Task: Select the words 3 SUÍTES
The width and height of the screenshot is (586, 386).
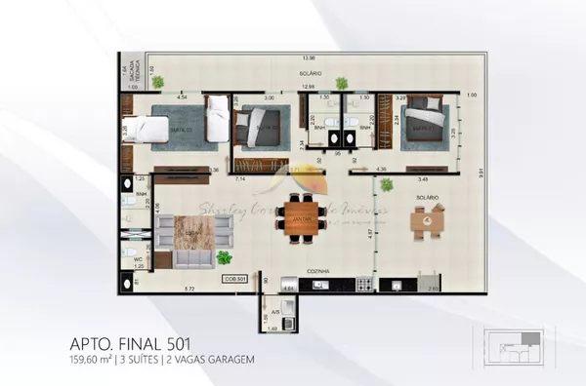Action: (145, 360)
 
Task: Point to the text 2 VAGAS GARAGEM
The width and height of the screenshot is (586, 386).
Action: (216, 360)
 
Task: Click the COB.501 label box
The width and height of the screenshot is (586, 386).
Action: (234, 279)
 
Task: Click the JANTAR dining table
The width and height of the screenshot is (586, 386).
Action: (301, 221)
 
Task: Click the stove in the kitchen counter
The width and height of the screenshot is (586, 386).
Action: (364, 285)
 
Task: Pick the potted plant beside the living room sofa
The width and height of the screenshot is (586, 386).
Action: (225, 257)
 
